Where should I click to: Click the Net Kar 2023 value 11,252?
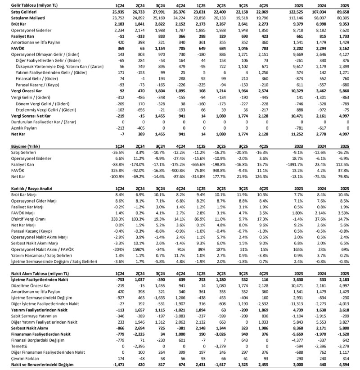pos(296,134)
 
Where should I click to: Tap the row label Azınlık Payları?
pos(24,128)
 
